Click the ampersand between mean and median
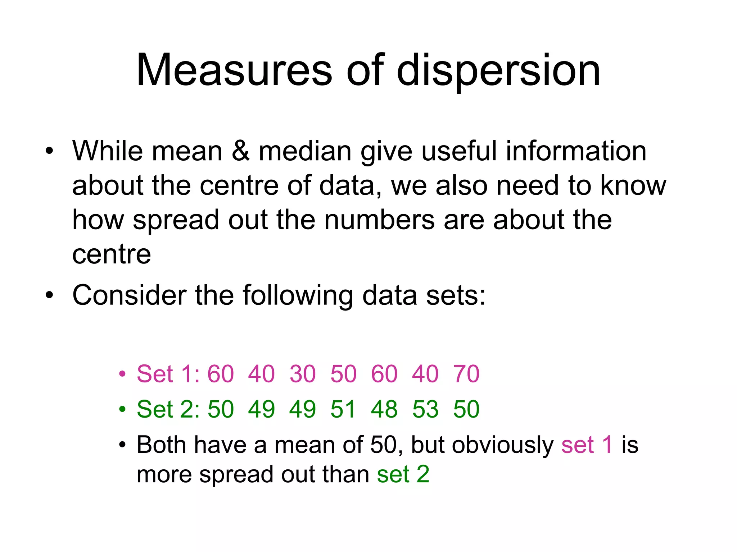[240, 151]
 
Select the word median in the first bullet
[305, 151]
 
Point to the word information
[576, 151]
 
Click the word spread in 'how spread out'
[176, 220]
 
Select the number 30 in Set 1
[303, 374]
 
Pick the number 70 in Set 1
[466, 374]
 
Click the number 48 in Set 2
[384, 409]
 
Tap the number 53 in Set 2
[425, 409]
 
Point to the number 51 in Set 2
[343, 409]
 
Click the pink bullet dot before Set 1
[122, 374]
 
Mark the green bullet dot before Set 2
[122, 409]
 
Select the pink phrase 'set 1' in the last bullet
[587, 445]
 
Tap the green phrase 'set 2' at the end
[403, 474]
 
